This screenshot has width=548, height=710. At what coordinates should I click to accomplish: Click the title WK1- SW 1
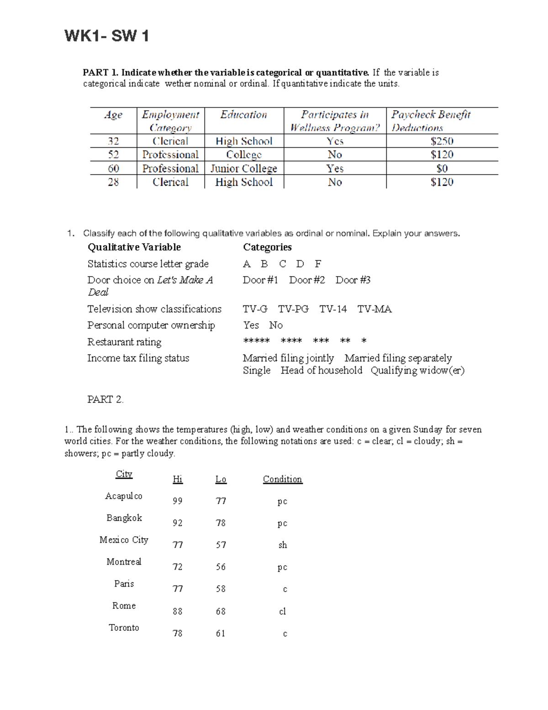pyautogui.click(x=107, y=36)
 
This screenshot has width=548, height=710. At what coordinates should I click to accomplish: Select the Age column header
pyautogui.click(x=113, y=115)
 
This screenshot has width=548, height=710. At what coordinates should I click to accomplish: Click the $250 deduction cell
pyautogui.click(x=442, y=141)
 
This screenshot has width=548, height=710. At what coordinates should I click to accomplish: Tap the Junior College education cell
pyautogui.click(x=244, y=169)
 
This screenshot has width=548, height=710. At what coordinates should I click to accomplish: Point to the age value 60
pyautogui.click(x=113, y=169)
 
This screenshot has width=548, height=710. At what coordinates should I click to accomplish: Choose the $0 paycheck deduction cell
pyautogui.click(x=442, y=169)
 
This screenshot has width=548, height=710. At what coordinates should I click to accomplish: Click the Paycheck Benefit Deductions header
pyautogui.click(x=431, y=121)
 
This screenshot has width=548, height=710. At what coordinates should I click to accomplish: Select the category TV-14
pyautogui.click(x=333, y=309)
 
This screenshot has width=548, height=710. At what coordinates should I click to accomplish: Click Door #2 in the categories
pyautogui.click(x=307, y=280)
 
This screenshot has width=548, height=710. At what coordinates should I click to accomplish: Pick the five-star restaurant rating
pyautogui.click(x=256, y=341)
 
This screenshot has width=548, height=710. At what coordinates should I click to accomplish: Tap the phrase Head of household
pyautogui.click(x=321, y=370)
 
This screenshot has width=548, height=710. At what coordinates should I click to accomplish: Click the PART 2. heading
pyautogui.click(x=105, y=400)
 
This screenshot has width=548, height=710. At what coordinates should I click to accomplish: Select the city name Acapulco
pyautogui.click(x=124, y=496)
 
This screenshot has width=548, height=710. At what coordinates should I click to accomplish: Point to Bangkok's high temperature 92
pyautogui.click(x=178, y=523)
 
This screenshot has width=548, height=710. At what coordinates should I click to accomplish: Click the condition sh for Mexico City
pyautogui.click(x=283, y=545)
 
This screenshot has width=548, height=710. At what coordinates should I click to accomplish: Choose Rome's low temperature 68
pyautogui.click(x=221, y=611)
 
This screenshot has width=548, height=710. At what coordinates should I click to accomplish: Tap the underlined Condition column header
pyautogui.click(x=282, y=479)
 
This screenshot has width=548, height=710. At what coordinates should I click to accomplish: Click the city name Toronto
pyautogui.click(x=124, y=628)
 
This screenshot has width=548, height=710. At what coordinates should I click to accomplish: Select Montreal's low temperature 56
pyautogui.click(x=221, y=567)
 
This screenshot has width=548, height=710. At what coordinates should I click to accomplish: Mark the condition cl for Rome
pyautogui.click(x=283, y=611)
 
